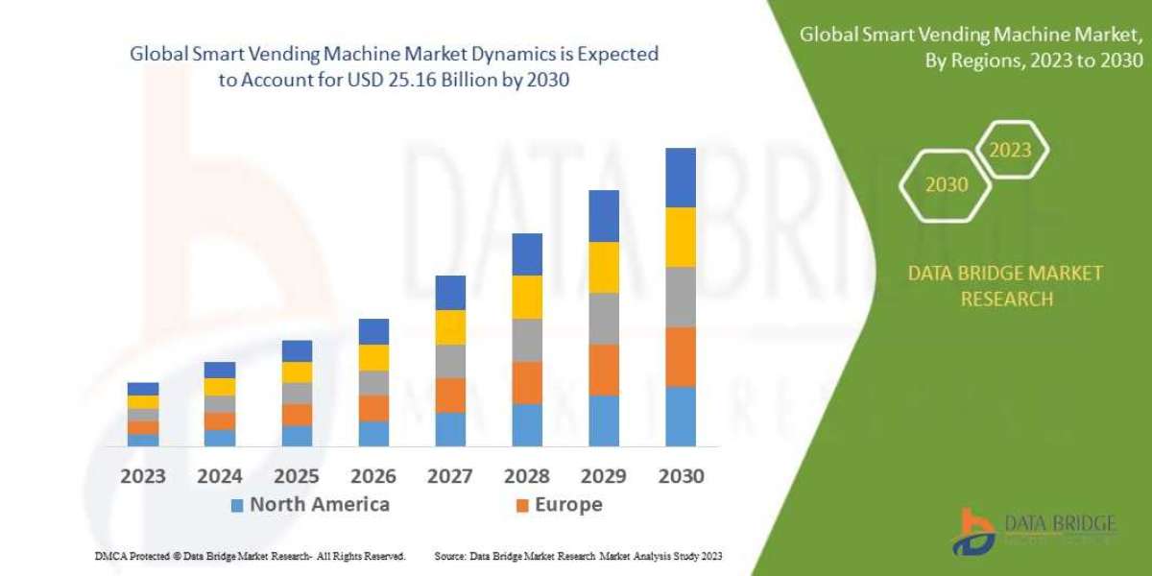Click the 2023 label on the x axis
click(x=143, y=476)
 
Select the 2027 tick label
click(x=450, y=476)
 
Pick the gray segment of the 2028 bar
click(x=527, y=340)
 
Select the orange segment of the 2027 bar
click(x=450, y=395)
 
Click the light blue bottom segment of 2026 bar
click(x=373, y=434)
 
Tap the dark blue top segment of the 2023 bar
click(x=143, y=389)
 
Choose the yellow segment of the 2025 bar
click(x=297, y=372)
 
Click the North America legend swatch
click(x=237, y=505)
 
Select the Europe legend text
click(x=567, y=505)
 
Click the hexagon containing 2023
click(x=1010, y=150)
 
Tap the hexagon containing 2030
click(x=946, y=184)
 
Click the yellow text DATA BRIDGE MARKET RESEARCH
click(x=1005, y=286)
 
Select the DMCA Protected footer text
click(x=251, y=556)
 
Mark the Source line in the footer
click(x=577, y=556)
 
